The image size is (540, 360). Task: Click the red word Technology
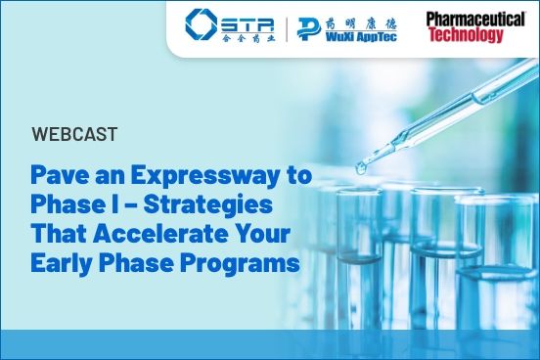tap(465, 35)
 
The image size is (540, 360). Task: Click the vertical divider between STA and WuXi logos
tap(287, 26)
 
